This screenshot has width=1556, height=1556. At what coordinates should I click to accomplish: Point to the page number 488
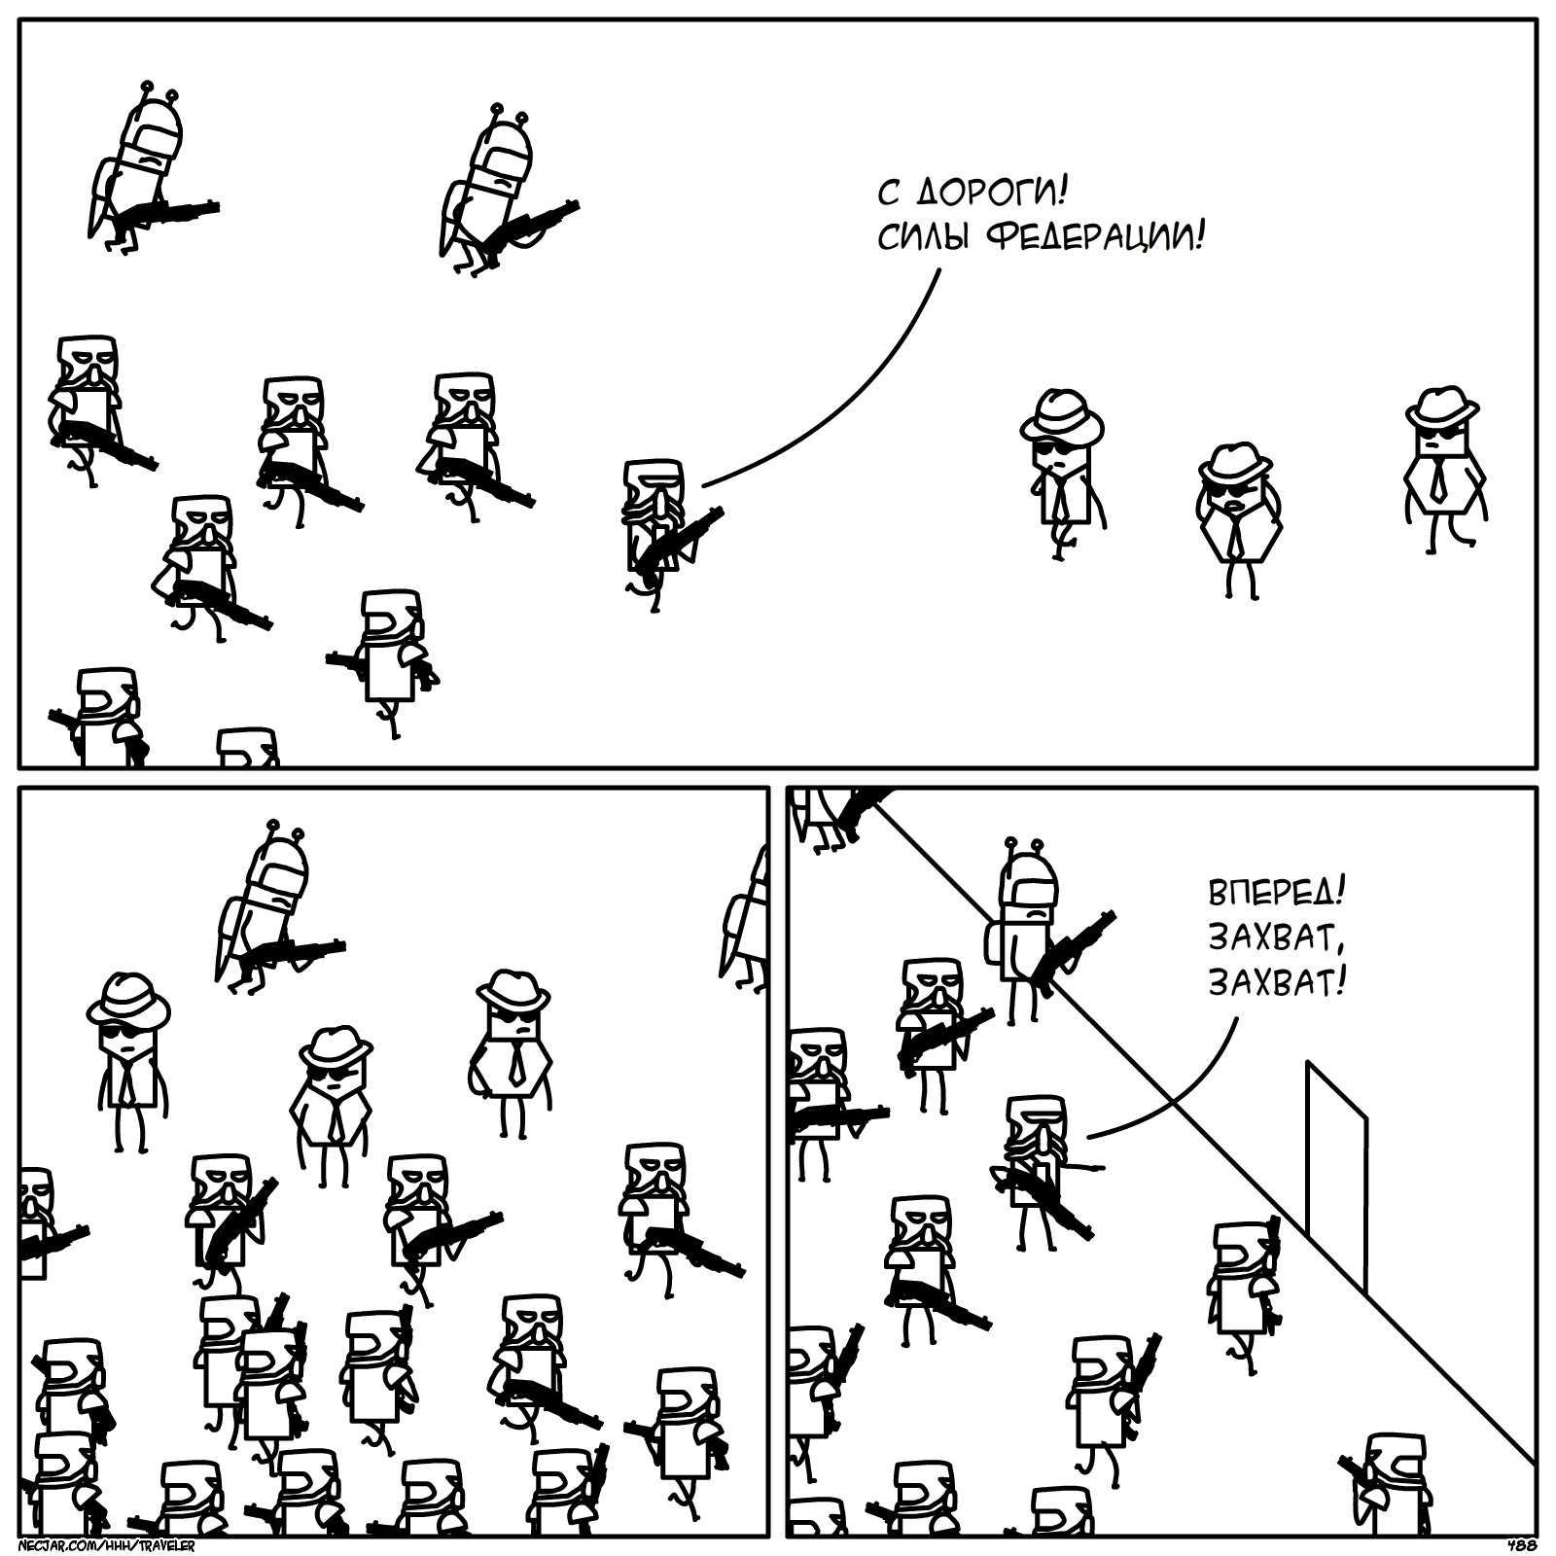[x=1522, y=1544]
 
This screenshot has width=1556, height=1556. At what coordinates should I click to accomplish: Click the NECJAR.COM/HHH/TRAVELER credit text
[x=107, y=1545]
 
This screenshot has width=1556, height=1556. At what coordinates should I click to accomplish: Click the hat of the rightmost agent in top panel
[x=1441, y=406]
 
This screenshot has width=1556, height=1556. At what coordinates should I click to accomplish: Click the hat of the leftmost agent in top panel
[x=1061, y=416]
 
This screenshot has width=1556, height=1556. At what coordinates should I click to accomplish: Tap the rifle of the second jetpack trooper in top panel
[x=530, y=227]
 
